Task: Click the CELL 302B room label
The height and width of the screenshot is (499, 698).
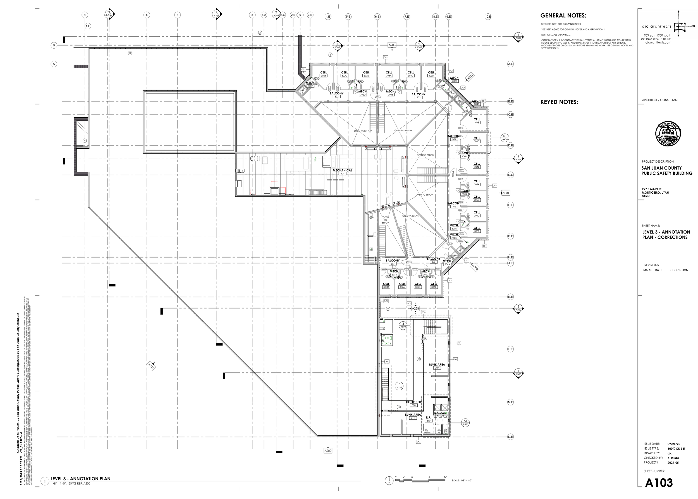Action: point(323,74)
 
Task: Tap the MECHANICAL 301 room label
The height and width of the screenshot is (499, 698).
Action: point(342,172)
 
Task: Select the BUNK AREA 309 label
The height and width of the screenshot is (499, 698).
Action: point(437,366)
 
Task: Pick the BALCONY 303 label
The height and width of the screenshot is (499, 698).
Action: point(418,96)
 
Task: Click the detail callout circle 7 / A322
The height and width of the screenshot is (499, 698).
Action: point(399,386)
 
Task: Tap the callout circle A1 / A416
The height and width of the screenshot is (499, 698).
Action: point(465,422)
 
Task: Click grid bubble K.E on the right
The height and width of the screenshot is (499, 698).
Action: point(510,297)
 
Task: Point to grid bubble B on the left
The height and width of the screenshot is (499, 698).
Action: point(54,46)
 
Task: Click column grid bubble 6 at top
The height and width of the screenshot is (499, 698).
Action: point(177,15)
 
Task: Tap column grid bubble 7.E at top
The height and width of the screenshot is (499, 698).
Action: point(406,16)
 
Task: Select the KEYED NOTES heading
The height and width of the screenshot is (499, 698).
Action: point(559,102)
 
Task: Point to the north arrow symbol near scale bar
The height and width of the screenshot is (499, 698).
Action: point(389,489)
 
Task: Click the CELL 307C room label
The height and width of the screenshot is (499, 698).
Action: point(386,286)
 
